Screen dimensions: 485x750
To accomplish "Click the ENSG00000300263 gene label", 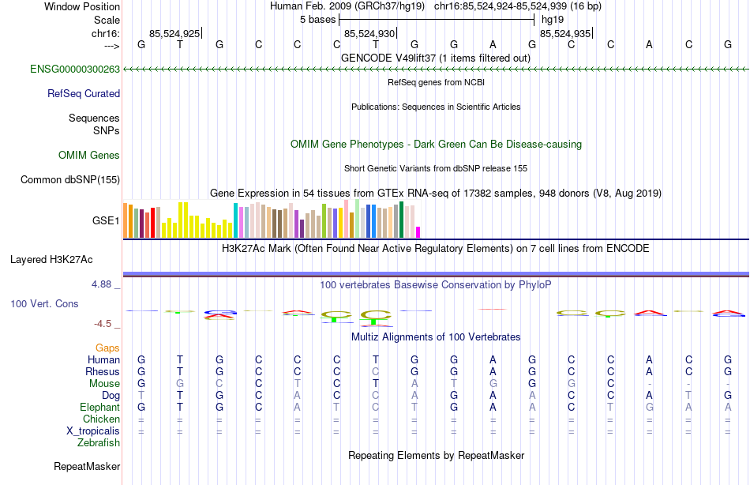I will click(x=75, y=70).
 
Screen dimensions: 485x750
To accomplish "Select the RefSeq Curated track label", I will click(x=84, y=93).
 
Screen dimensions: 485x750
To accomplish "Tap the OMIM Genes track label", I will click(x=89, y=156).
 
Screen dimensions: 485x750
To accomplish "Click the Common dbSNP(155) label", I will click(x=70, y=180).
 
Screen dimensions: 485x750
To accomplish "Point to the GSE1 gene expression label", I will click(x=106, y=220).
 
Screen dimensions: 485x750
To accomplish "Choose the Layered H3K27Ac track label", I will click(x=51, y=259).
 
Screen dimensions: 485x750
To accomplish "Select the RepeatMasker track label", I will click(x=87, y=467).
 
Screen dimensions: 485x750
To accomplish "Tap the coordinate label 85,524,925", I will click(x=174, y=34).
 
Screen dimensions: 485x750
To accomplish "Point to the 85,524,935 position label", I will click(x=564, y=34).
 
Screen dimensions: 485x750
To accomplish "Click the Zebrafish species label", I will click(x=99, y=443).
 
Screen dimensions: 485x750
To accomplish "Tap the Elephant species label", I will click(x=99, y=408).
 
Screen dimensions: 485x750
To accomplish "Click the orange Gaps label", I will click(x=107, y=348).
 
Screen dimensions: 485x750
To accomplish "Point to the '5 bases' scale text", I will click(x=318, y=19).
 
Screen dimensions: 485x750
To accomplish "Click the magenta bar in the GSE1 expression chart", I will click(x=418, y=232).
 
